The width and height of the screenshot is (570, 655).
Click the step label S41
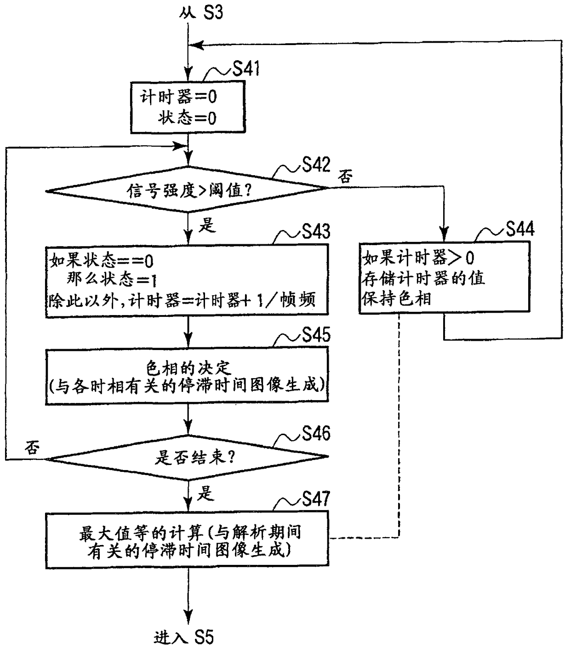click(246, 69)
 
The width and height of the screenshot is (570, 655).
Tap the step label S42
click(316, 165)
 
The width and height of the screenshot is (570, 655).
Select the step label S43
click(316, 231)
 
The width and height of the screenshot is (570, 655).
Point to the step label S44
click(520, 229)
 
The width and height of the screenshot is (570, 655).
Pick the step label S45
click(316, 335)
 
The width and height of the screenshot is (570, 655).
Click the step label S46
click(316, 433)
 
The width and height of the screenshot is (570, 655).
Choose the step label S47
click(316, 499)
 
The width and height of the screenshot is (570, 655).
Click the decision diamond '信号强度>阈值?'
click(188, 189)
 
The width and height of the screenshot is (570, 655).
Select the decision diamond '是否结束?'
click(188, 457)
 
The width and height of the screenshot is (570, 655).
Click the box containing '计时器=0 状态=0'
click(188, 108)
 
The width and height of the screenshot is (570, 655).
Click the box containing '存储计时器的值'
click(444, 278)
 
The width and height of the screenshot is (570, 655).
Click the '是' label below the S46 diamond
click(206, 493)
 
